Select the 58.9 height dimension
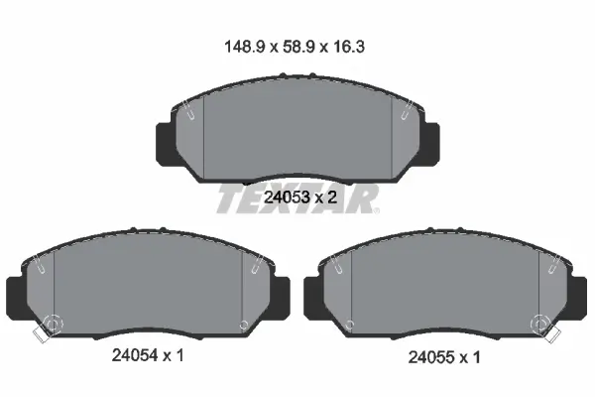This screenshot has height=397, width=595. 298,47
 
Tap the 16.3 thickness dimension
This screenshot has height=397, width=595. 349,47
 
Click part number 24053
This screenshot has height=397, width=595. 287,198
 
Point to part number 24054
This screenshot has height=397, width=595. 135,355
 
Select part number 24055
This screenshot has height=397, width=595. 431,357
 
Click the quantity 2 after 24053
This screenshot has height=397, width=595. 332,198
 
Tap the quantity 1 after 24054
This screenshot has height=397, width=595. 179,355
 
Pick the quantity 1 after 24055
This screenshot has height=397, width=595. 476,357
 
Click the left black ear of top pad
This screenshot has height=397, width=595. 166,144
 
